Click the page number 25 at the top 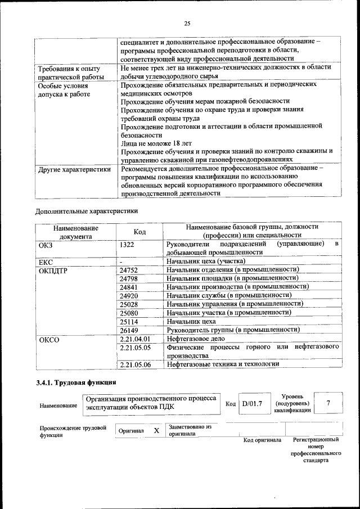pyautogui.click(x=187, y=23)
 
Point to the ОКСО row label pyautogui.click(x=49, y=340)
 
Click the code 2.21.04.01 pyautogui.click(x=136, y=340)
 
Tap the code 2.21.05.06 pyautogui.click(x=136, y=364)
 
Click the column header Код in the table pyautogui.click(x=139, y=232)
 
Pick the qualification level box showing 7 pyautogui.click(x=328, y=403)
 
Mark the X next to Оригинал pyautogui.click(x=156, y=431)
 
